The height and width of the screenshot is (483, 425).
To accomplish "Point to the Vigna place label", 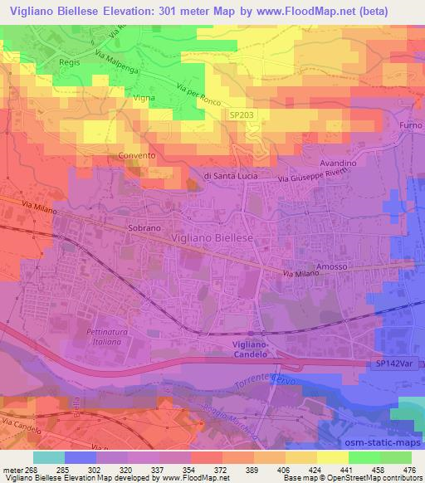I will (122, 98).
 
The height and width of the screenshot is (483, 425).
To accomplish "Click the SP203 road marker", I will (242, 118).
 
